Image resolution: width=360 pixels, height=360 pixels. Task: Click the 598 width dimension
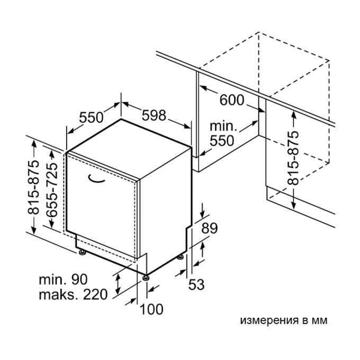[154, 115]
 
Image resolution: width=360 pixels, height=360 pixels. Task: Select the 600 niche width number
[232, 100]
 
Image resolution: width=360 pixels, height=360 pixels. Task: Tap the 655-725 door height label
[52, 190]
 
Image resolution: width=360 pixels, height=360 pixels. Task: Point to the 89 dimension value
[209, 228]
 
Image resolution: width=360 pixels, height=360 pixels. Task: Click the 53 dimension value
[196, 284]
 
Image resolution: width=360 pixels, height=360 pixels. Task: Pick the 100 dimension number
[151, 309]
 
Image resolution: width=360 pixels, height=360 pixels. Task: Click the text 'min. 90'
[64, 280]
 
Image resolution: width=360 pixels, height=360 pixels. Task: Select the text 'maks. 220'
[73, 294]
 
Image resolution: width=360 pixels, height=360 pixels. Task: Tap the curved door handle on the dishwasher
[96, 179]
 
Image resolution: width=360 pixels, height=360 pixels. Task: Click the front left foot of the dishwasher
[83, 252]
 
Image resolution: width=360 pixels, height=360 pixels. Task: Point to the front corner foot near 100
[146, 278]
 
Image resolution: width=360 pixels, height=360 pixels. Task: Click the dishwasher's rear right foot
[180, 257]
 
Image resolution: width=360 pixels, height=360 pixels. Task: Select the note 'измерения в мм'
[284, 320]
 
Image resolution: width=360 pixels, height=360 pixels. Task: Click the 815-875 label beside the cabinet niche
[293, 158]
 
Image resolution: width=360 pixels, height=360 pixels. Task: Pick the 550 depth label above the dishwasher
[91, 118]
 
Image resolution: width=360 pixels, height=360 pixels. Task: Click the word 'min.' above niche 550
[223, 127]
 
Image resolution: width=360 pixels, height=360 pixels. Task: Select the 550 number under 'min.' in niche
[222, 141]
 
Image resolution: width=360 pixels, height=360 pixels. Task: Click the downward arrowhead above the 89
[202, 215]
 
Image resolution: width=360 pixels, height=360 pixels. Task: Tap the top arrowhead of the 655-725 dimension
[52, 154]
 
